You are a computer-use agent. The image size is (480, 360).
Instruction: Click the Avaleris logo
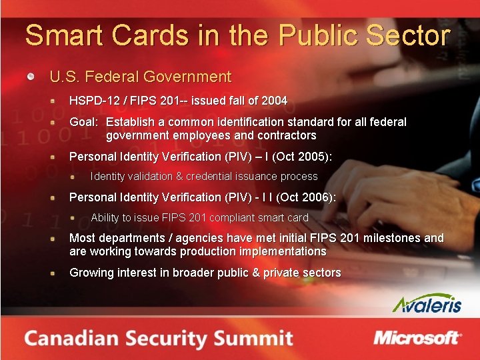(x=427, y=303)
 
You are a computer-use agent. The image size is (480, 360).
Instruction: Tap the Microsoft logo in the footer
(x=417, y=337)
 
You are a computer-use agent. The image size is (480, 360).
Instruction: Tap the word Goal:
(x=84, y=122)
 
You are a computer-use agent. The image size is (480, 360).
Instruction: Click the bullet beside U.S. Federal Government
(x=31, y=77)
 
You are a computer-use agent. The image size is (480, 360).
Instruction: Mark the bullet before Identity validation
(x=80, y=177)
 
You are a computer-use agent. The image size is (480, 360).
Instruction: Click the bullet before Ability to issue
(x=80, y=217)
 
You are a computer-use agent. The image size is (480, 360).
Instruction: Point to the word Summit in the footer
(x=257, y=337)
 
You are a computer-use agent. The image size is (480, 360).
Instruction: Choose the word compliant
(x=234, y=217)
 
